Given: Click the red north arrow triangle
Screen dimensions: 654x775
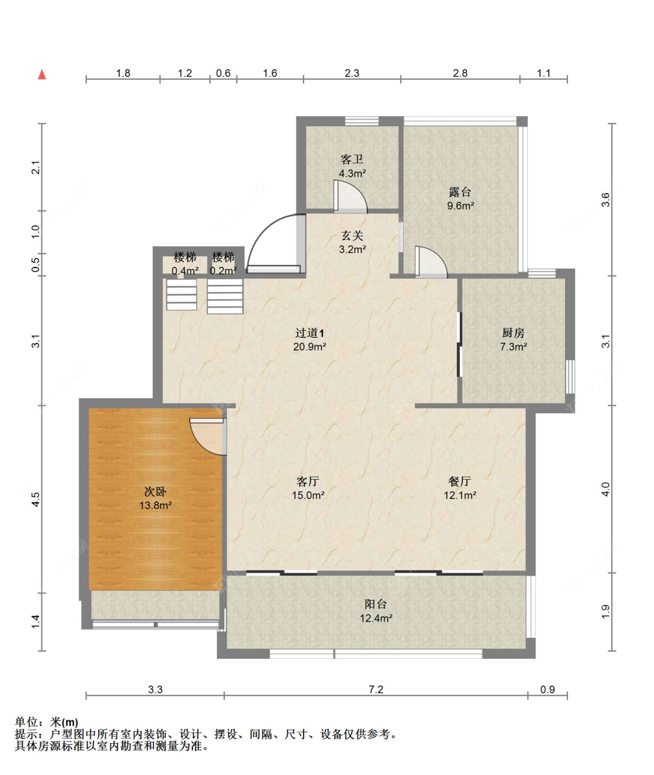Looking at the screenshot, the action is pyautogui.click(x=42, y=74).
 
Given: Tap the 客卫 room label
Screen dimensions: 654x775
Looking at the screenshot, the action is pyautogui.click(x=352, y=160).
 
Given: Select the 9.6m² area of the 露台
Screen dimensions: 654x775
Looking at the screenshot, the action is pyautogui.click(x=460, y=206).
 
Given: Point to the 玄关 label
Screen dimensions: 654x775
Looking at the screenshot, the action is pyautogui.click(x=352, y=235).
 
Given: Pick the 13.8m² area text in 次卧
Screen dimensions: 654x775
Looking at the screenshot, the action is pyautogui.click(x=156, y=505).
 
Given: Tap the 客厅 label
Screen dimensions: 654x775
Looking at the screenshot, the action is pyautogui.click(x=308, y=481).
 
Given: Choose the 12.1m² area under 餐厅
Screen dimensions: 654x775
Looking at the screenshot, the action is pyautogui.click(x=460, y=495).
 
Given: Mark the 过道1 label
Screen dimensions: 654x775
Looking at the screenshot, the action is pyautogui.click(x=310, y=333).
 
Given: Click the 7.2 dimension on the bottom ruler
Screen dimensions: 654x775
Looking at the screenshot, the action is pyautogui.click(x=376, y=690).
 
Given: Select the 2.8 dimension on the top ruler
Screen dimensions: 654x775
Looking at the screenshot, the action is pyautogui.click(x=460, y=73).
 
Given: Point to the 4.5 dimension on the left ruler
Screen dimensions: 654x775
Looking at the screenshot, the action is pyautogui.click(x=35, y=499).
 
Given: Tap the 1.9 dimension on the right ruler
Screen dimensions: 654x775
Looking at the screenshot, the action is pyautogui.click(x=605, y=612).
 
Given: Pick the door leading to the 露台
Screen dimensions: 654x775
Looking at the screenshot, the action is pyautogui.click(x=431, y=262).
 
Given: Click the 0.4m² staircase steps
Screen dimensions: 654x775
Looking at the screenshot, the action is pyautogui.click(x=181, y=295).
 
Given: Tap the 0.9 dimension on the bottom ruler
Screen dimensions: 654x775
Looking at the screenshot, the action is pyautogui.click(x=548, y=690).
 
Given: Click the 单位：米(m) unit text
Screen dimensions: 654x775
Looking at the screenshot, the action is pyautogui.click(x=47, y=722).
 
